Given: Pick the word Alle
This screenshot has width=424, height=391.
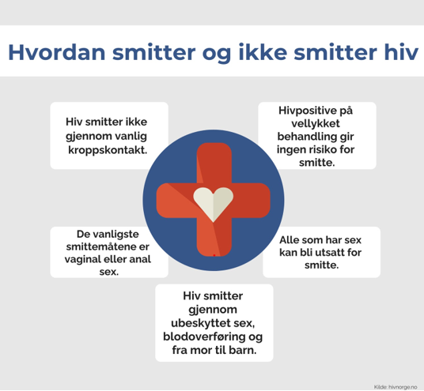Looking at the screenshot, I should click(x=293, y=239).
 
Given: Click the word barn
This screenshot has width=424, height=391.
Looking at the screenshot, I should click(x=240, y=350).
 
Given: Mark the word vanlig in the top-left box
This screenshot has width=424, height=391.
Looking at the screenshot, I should click(x=128, y=137).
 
